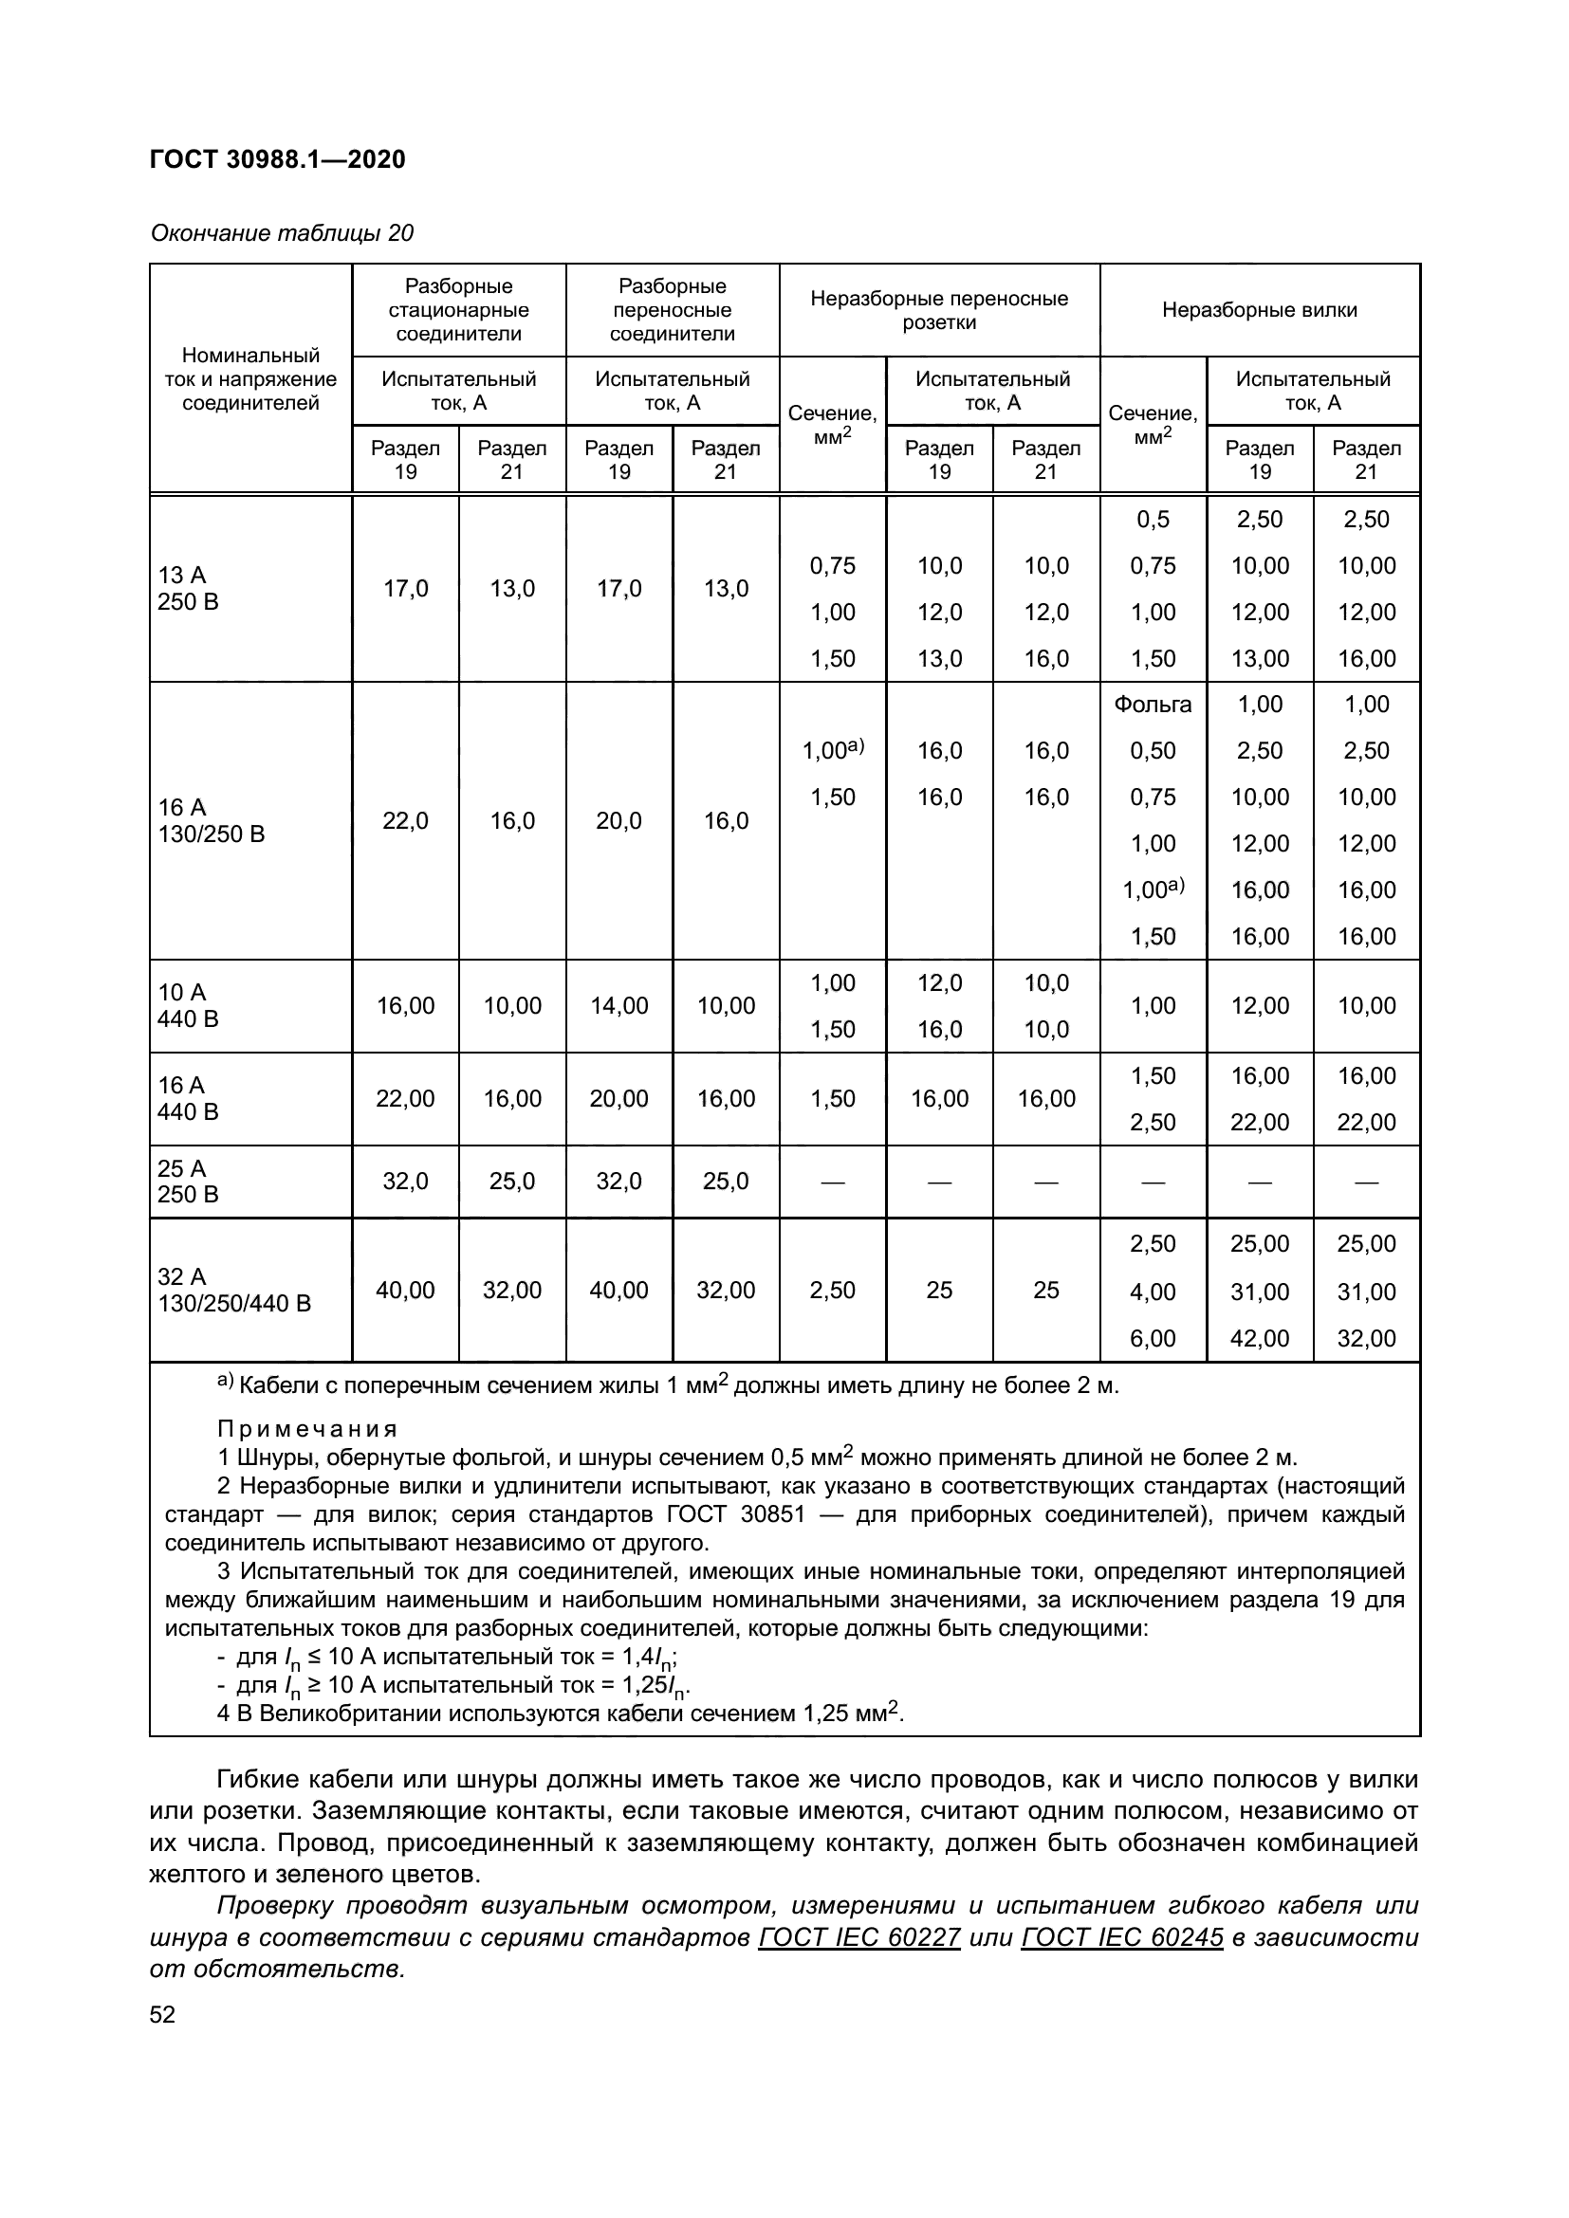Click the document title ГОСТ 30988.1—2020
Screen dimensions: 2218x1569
(277, 159)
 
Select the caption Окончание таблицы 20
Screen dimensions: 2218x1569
(281, 233)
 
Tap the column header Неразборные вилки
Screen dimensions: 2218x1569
(1259, 310)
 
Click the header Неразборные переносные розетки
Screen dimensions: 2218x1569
(939, 310)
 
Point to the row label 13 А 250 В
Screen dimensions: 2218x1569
(189, 588)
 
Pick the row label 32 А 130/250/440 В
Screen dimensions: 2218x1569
(233, 1290)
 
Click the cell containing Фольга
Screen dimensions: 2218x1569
(1153, 705)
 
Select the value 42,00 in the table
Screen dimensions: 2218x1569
(1259, 1338)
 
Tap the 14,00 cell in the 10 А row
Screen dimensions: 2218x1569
(618, 1005)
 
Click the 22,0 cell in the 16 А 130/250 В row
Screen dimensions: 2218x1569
(405, 820)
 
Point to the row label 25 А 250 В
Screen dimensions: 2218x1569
(189, 1182)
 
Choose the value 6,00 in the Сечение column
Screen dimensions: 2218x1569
(1153, 1338)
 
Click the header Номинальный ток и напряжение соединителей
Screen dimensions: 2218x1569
(250, 378)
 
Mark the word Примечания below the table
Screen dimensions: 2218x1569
(307, 1428)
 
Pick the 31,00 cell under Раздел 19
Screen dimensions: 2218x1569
(1259, 1292)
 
